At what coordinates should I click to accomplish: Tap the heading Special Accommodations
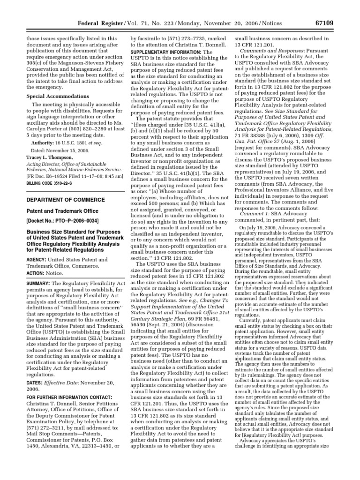52,96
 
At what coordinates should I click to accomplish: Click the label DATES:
33,395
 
